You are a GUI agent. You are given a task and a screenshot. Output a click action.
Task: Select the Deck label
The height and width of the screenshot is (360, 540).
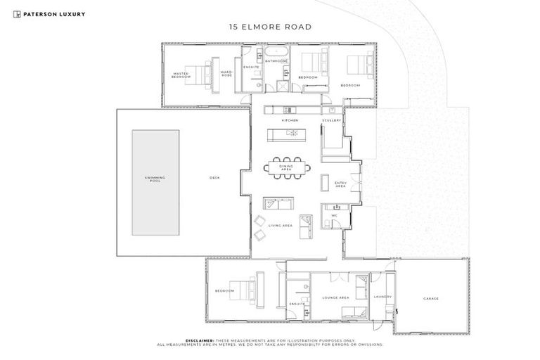pos(214,178)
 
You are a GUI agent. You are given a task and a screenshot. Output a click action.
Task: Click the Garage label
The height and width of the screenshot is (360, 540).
pos(431,299)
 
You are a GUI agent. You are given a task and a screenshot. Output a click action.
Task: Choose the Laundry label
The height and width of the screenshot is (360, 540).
pos(382,297)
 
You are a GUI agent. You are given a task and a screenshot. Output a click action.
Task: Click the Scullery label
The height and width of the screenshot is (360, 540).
pos(332,120)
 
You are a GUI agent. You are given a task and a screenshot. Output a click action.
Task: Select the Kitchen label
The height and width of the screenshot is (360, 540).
pos(290,120)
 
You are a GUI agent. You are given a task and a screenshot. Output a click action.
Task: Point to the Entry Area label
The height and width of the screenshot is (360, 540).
pos(340,184)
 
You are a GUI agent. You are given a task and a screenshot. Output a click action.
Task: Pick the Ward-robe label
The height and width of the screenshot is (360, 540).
pos(226,73)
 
